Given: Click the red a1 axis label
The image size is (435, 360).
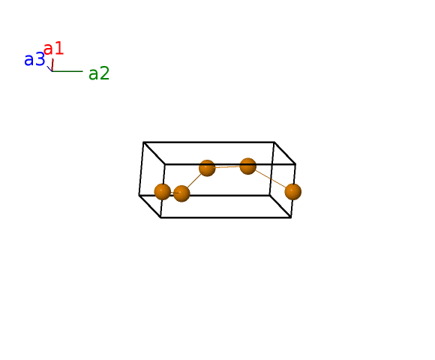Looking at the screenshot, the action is [x=54, y=49].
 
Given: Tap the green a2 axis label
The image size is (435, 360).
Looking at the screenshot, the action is [x=99, y=73].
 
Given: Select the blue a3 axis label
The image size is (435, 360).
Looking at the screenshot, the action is [x=34, y=59].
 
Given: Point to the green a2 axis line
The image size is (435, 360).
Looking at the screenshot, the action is [x=67, y=71].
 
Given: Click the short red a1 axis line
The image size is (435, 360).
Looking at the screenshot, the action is [x=52, y=65].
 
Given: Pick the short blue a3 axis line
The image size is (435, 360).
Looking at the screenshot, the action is [x=49, y=69].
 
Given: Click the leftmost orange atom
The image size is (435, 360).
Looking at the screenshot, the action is [x=162, y=192].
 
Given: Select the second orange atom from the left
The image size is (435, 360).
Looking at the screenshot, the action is [x=181, y=193].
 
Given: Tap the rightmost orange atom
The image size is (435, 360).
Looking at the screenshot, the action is [x=293, y=192].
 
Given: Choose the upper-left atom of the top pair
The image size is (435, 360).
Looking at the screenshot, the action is [x=207, y=168].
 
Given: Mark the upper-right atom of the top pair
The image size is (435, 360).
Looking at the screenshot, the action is [x=247, y=166].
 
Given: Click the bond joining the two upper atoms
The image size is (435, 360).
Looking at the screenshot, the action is [x=227, y=167].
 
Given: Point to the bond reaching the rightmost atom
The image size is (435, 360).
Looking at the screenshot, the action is [x=271, y=179].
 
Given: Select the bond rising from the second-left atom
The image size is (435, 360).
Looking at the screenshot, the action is [x=194, y=181].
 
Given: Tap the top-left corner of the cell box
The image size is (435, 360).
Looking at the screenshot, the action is [x=143, y=142].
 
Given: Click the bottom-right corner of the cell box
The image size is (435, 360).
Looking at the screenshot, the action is [x=291, y=217].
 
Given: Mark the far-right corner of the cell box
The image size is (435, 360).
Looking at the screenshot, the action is [x=295, y=164].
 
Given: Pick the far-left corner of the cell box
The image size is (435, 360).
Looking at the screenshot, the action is [x=139, y=195].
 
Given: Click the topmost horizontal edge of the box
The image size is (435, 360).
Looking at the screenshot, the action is [x=209, y=142].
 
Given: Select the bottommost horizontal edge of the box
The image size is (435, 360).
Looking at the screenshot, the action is [x=226, y=217].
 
